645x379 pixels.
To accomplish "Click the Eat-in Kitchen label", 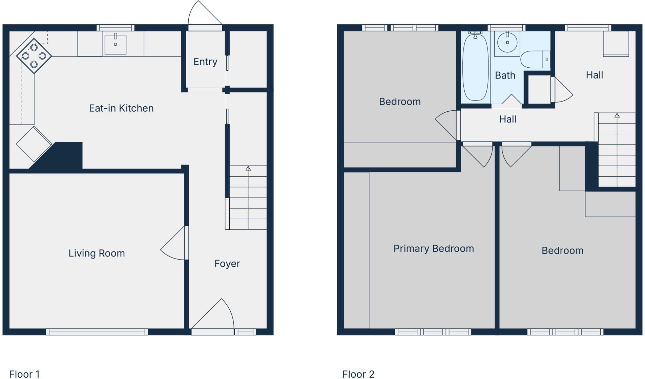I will (x=121, y=108).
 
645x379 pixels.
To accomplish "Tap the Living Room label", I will (x=97, y=253).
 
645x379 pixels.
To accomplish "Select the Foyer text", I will (x=227, y=264).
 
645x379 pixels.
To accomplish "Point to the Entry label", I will (x=205, y=62).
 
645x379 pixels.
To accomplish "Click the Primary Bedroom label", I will (x=434, y=249).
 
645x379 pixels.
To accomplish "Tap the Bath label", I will (x=505, y=75).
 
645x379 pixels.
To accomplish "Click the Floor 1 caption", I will (x=24, y=374).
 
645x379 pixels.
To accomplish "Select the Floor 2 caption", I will (x=358, y=374).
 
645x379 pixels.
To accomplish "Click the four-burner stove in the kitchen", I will (x=34, y=56).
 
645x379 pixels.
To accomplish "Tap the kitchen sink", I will (x=116, y=44).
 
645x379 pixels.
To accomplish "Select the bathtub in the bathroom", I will (x=475, y=67).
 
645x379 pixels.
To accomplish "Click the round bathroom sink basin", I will (x=507, y=43).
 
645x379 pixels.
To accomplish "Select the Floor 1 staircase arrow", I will (x=248, y=169).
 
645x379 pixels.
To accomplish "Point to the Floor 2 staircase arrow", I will (x=617, y=116).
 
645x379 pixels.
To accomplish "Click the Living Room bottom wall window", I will (x=97, y=332).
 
